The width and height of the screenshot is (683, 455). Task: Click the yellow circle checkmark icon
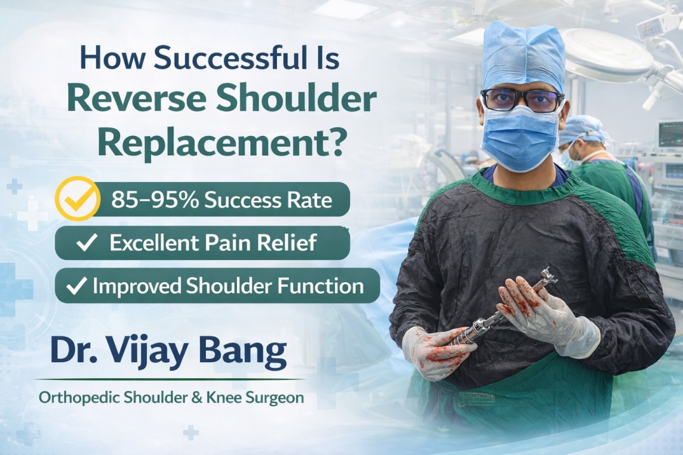pyautogui.click(x=78, y=199)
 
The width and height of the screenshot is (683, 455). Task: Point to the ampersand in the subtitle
pyautogui.click(x=185, y=398)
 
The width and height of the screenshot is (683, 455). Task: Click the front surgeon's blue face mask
pyautogui.click(x=519, y=138)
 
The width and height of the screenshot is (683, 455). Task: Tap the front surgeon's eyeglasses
pyautogui.click(x=522, y=100)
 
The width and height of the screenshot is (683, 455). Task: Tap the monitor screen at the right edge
pyautogui.click(x=671, y=133)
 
